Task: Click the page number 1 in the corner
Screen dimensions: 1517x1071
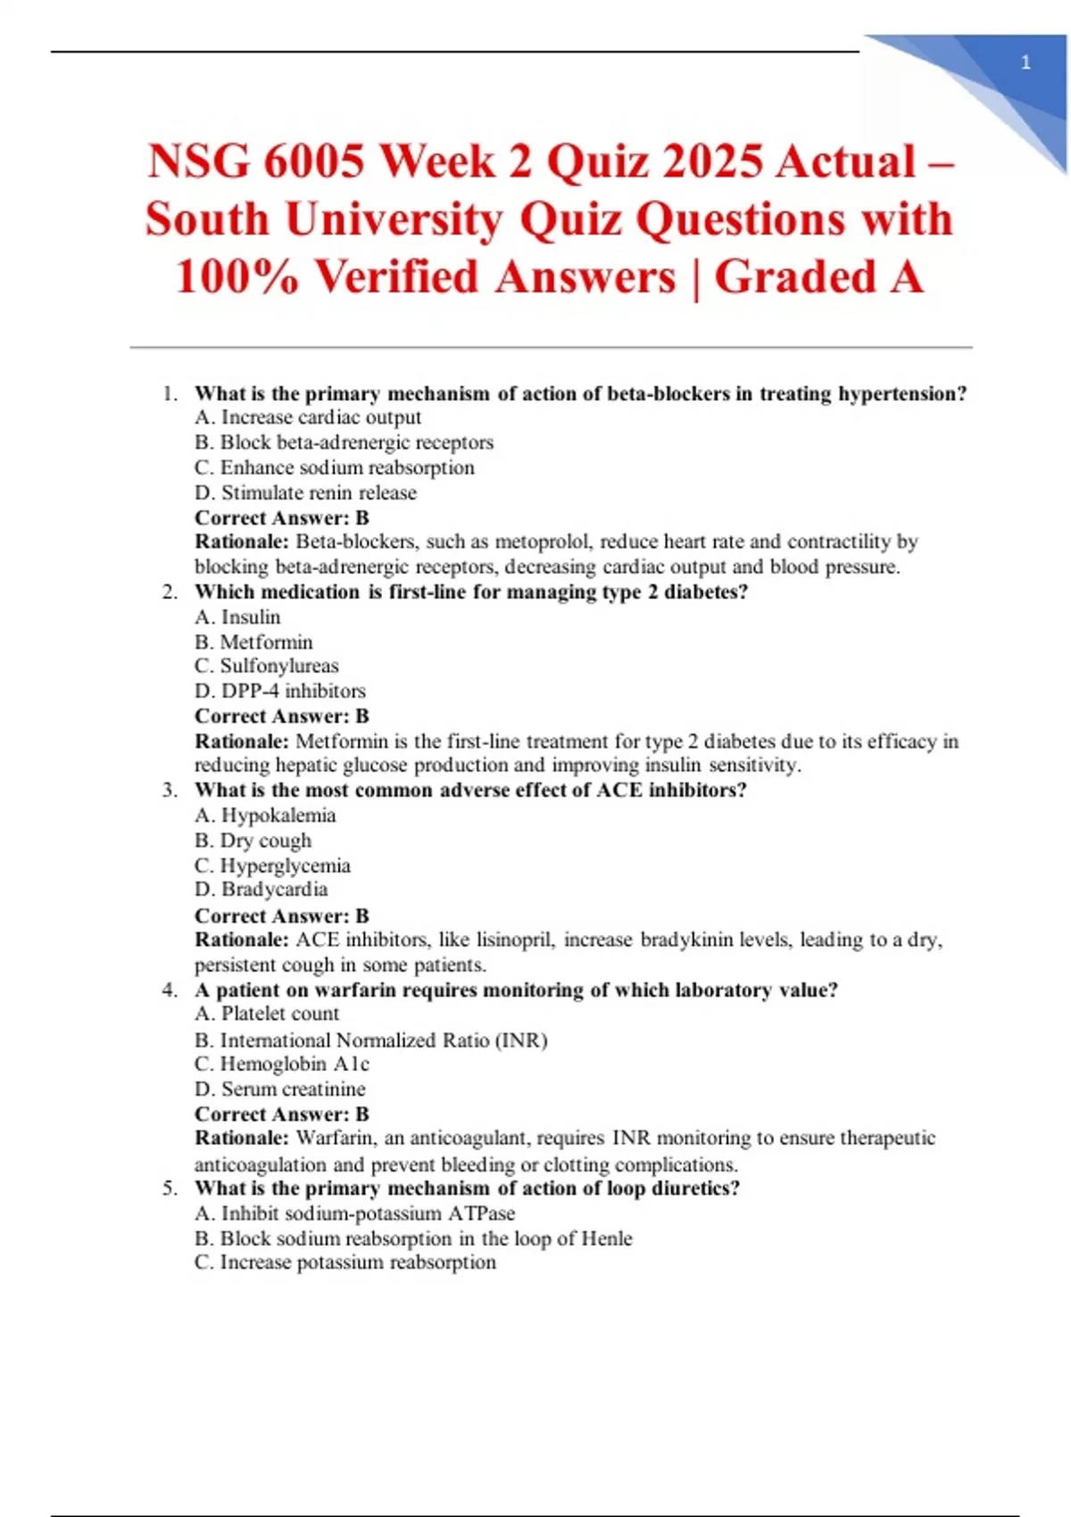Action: [x=1025, y=62]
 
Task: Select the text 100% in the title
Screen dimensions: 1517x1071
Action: [x=237, y=277]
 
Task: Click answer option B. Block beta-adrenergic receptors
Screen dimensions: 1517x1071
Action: [x=344, y=443]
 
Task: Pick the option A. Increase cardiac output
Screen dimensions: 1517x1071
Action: [x=308, y=418]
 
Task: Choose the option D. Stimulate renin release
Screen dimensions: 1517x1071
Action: [x=305, y=493]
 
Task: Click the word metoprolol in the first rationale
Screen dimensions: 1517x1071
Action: [x=542, y=542]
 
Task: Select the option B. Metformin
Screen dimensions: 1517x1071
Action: [x=253, y=642]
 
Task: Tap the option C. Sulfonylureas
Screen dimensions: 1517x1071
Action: [x=266, y=666]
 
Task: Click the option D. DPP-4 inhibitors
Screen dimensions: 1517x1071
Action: [x=279, y=691]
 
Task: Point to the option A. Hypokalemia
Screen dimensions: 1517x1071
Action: [x=265, y=816]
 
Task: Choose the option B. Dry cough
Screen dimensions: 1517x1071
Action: [x=253, y=841]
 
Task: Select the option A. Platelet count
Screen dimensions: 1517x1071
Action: [x=267, y=1014]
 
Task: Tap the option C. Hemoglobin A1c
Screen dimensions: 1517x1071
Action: [x=281, y=1064]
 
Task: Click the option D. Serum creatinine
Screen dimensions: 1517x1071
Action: [x=279, y=1089]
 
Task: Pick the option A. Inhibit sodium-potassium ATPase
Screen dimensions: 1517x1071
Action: [x=354, y=1214]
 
